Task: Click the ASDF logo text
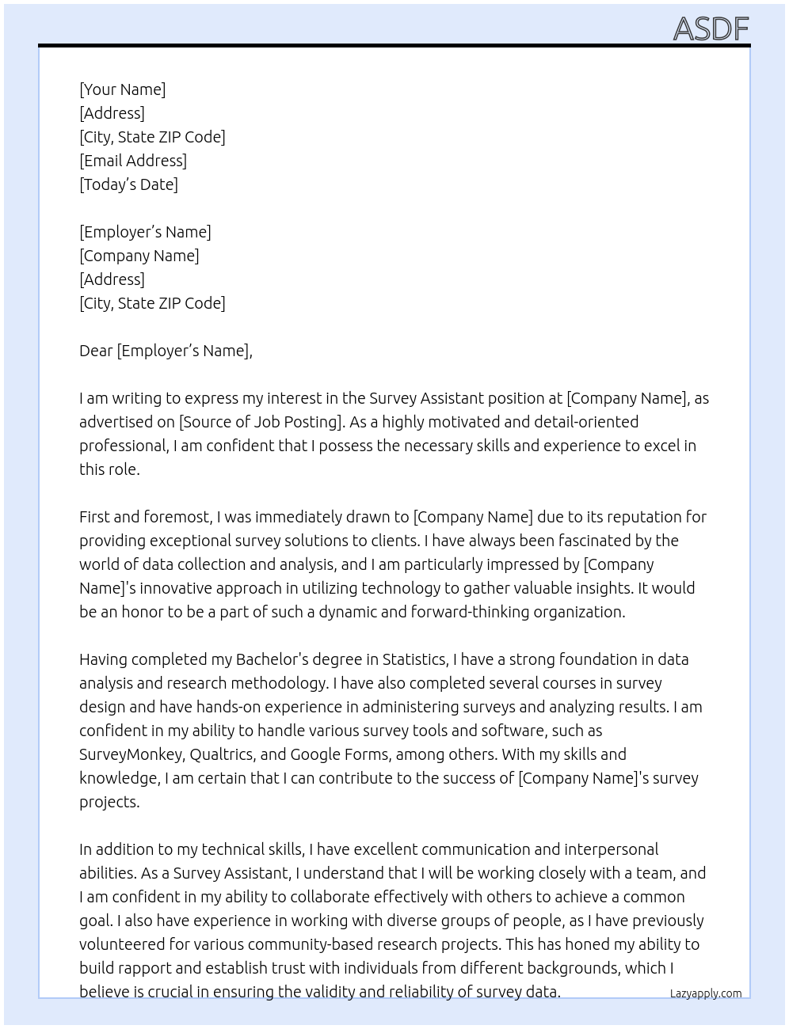pyautogui.click(x=711, y=29)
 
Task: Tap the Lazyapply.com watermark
pyautogui.click(x=706, y=993)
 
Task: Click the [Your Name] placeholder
pyautogui.click(x=122, y=89)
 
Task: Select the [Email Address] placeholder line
pyautogui.click(x=133, y=161)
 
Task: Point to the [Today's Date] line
pyautogui.click(x=128, y=184)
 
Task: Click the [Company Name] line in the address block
pyautogui.click(x=139, y=256)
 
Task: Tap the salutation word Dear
pyautogui.click(x=96, y=351)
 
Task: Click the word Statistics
pyautogui.click(x=414, y=659)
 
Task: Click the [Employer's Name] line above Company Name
pyautogui.click(x=145, y=232)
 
